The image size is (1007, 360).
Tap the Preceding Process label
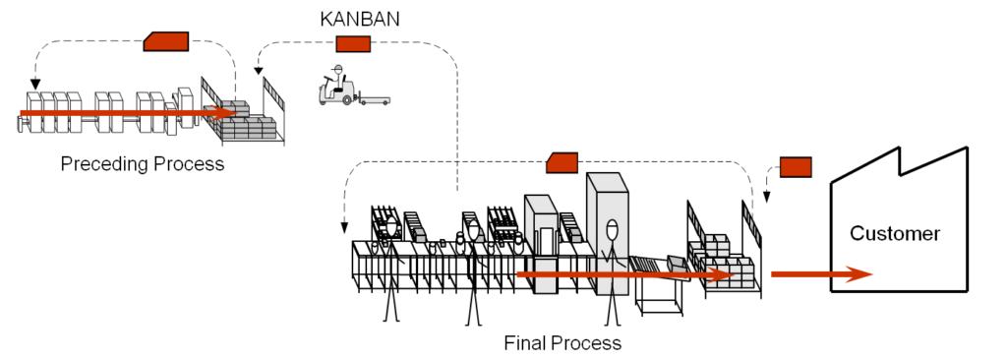coord(143,163)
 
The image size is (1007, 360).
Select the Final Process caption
coord(563,343)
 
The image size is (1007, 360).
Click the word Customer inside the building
coord(895,234)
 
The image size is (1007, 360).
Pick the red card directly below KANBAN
coord(353,43)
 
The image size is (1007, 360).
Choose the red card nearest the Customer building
coord(795,166)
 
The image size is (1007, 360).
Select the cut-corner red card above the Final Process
coord(563,162)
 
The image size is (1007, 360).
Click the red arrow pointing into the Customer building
coord(821,273)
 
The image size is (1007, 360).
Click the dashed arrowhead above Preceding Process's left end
coord(35,84)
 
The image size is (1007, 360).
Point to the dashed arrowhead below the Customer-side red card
coord(767,195)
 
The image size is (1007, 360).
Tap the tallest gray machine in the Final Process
coord(607,221)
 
